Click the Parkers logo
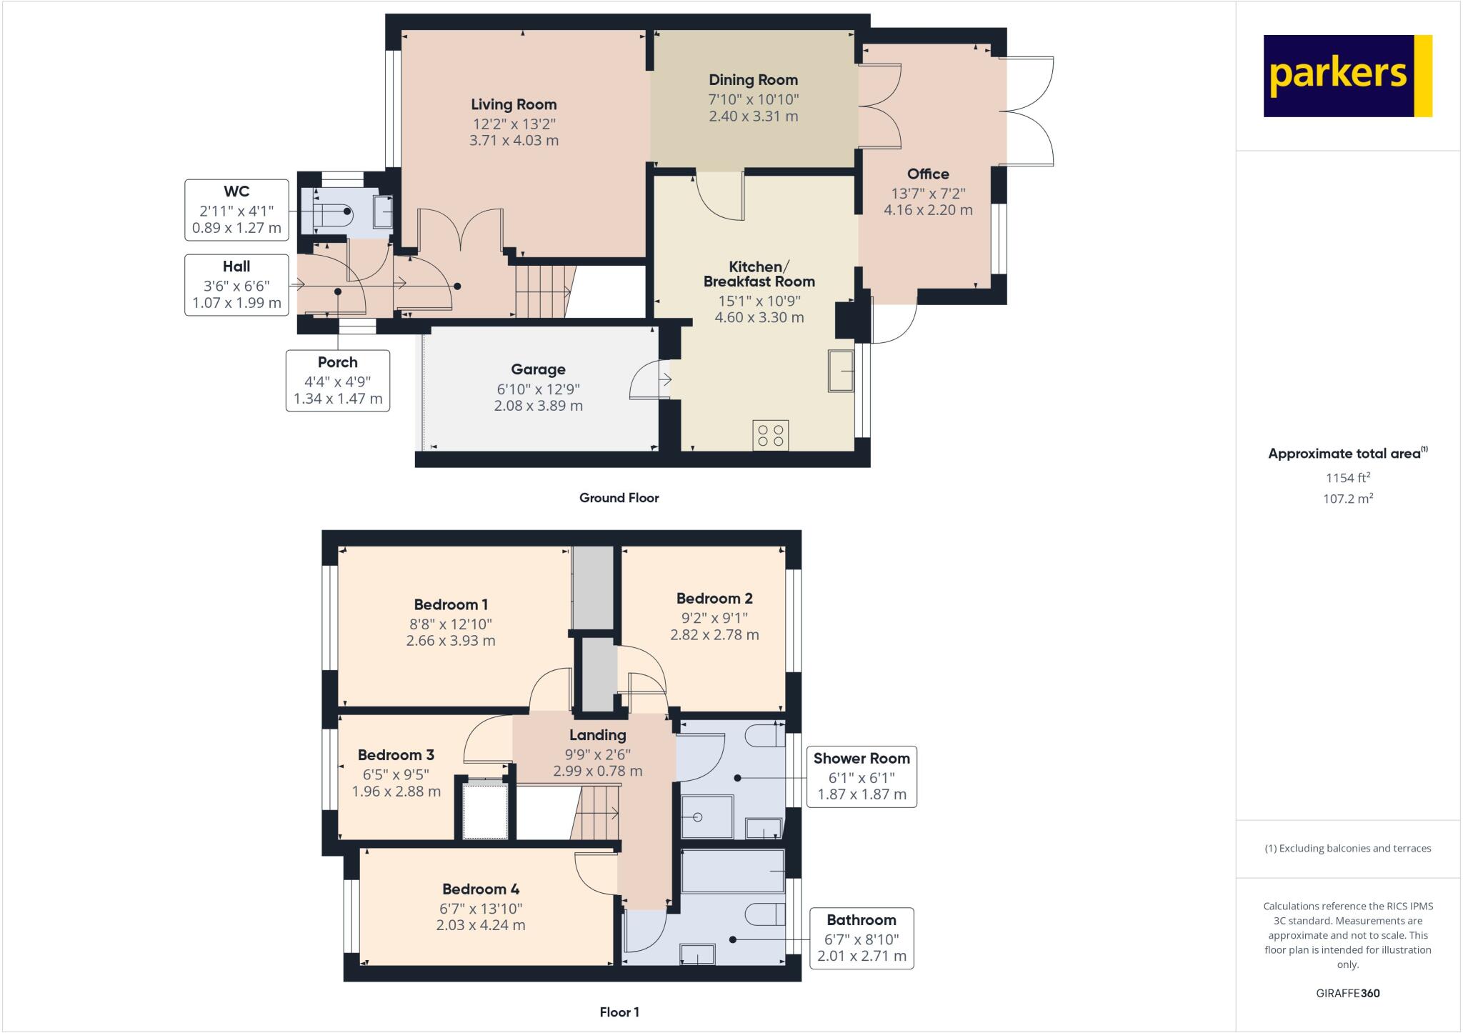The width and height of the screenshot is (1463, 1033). coord(1347,76)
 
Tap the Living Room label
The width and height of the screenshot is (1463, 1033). coord(513,104)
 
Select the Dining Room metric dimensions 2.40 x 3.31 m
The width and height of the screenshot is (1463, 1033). coord(753,116)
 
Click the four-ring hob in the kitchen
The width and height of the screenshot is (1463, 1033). coord(771,436)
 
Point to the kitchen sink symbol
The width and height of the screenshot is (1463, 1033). coord(842,371)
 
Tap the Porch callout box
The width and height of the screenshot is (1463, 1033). coord(338,380)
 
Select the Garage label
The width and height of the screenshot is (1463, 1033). coord(538,369)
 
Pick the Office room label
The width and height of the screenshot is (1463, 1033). coord(928,174)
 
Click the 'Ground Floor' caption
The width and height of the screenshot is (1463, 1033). coord(619,498)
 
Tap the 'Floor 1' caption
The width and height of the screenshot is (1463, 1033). coord(619,1012)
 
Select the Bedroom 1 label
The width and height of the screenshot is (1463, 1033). coord(451,604)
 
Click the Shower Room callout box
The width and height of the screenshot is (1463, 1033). coord(861,777)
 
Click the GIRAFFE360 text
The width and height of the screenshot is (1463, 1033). coord(1347,993)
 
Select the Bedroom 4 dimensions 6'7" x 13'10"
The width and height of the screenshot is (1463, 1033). coord(481,909)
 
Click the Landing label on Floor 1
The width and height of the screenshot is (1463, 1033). coord(597,735)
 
